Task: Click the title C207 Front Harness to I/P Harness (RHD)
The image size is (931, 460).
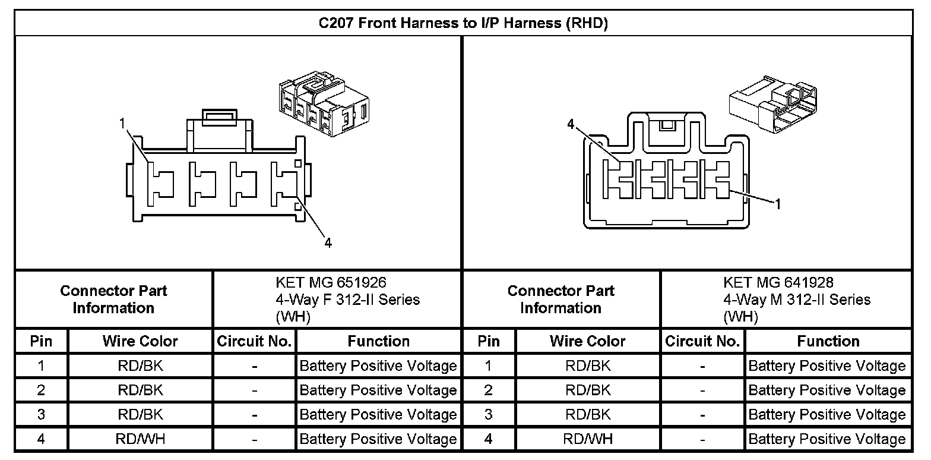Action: tap(464, 24)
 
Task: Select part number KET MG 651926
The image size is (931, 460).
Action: tap(331, 282)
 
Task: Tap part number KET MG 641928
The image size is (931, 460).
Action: tap(778, 282)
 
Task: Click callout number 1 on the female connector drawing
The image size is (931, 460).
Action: tap(122, 124)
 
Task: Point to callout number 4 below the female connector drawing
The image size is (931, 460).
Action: tap(328, 242)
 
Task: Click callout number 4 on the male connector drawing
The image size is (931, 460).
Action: tap(571, 124)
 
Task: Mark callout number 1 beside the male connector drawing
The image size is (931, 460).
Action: tap(777, 204)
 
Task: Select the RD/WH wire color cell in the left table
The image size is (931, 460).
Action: tap(140, 439)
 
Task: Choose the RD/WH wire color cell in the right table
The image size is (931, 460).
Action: tap(588, 439)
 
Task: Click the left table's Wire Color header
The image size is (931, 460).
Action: tap(140, 341)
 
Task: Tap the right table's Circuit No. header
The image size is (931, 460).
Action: tap(702, 341)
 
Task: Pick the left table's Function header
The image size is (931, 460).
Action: tap(378, 341)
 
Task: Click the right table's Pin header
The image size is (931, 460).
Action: tap(489, 341)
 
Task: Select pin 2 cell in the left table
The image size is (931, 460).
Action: tap(41, 390)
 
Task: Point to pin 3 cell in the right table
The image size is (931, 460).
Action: tap(489, 414)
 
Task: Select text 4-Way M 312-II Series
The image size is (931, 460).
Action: tap(797, 300)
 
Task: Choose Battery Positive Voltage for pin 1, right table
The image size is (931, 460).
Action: tap(827, 366)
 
